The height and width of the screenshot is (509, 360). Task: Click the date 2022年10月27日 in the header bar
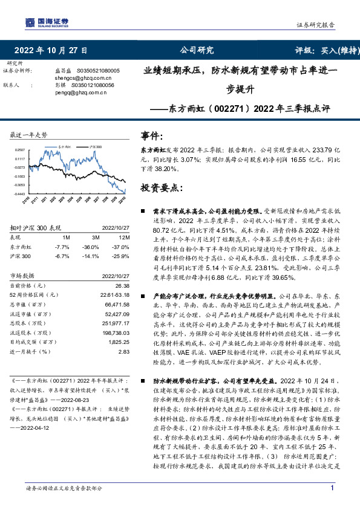[x=51, y=50]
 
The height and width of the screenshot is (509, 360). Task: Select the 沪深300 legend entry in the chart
[x=95, y=146]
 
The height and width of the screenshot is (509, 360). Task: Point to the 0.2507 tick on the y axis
[x=20, y=149]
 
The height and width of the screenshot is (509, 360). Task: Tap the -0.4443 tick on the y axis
[x=20, y=193]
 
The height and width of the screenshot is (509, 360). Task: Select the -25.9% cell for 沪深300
[x=121, y=256]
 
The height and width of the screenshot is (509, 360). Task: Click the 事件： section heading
[x=152, y=136]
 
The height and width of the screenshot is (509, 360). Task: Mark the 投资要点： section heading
[x=160, y=188]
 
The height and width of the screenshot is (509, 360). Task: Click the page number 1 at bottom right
[x=332, y=488]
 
